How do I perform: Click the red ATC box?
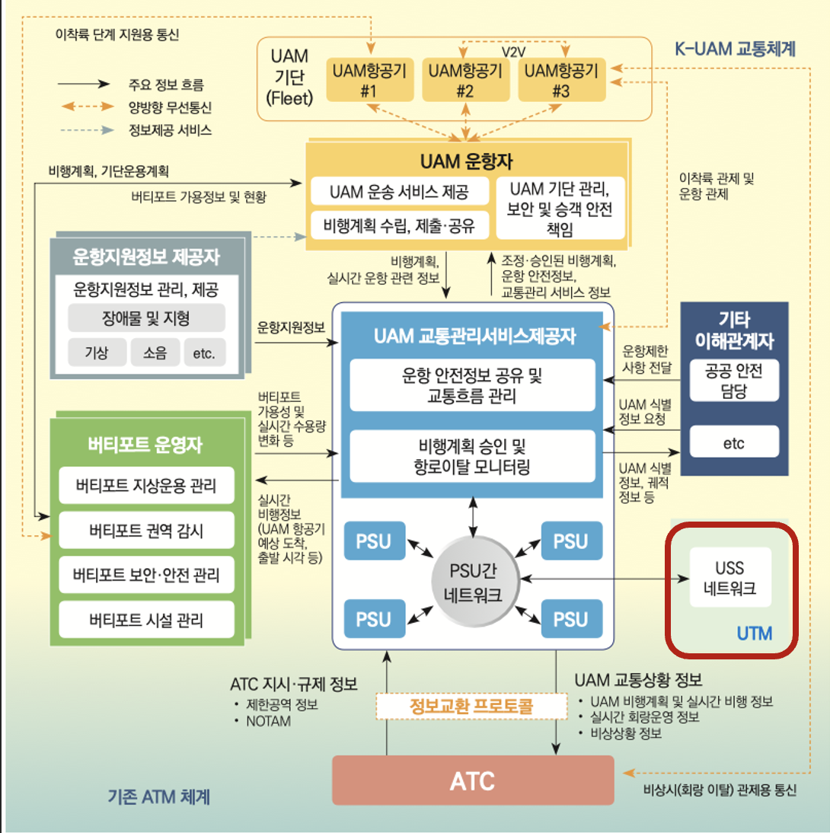point(473,780)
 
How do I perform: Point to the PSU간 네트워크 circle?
point(473,582)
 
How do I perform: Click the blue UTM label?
point(754,633)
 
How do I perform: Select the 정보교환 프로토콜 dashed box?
point(465,706)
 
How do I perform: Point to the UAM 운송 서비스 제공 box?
point(400,191)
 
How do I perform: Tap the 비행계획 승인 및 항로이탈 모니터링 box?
point(473,455)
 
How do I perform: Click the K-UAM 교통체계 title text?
point(735,50)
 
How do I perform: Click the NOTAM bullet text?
point(268,720)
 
